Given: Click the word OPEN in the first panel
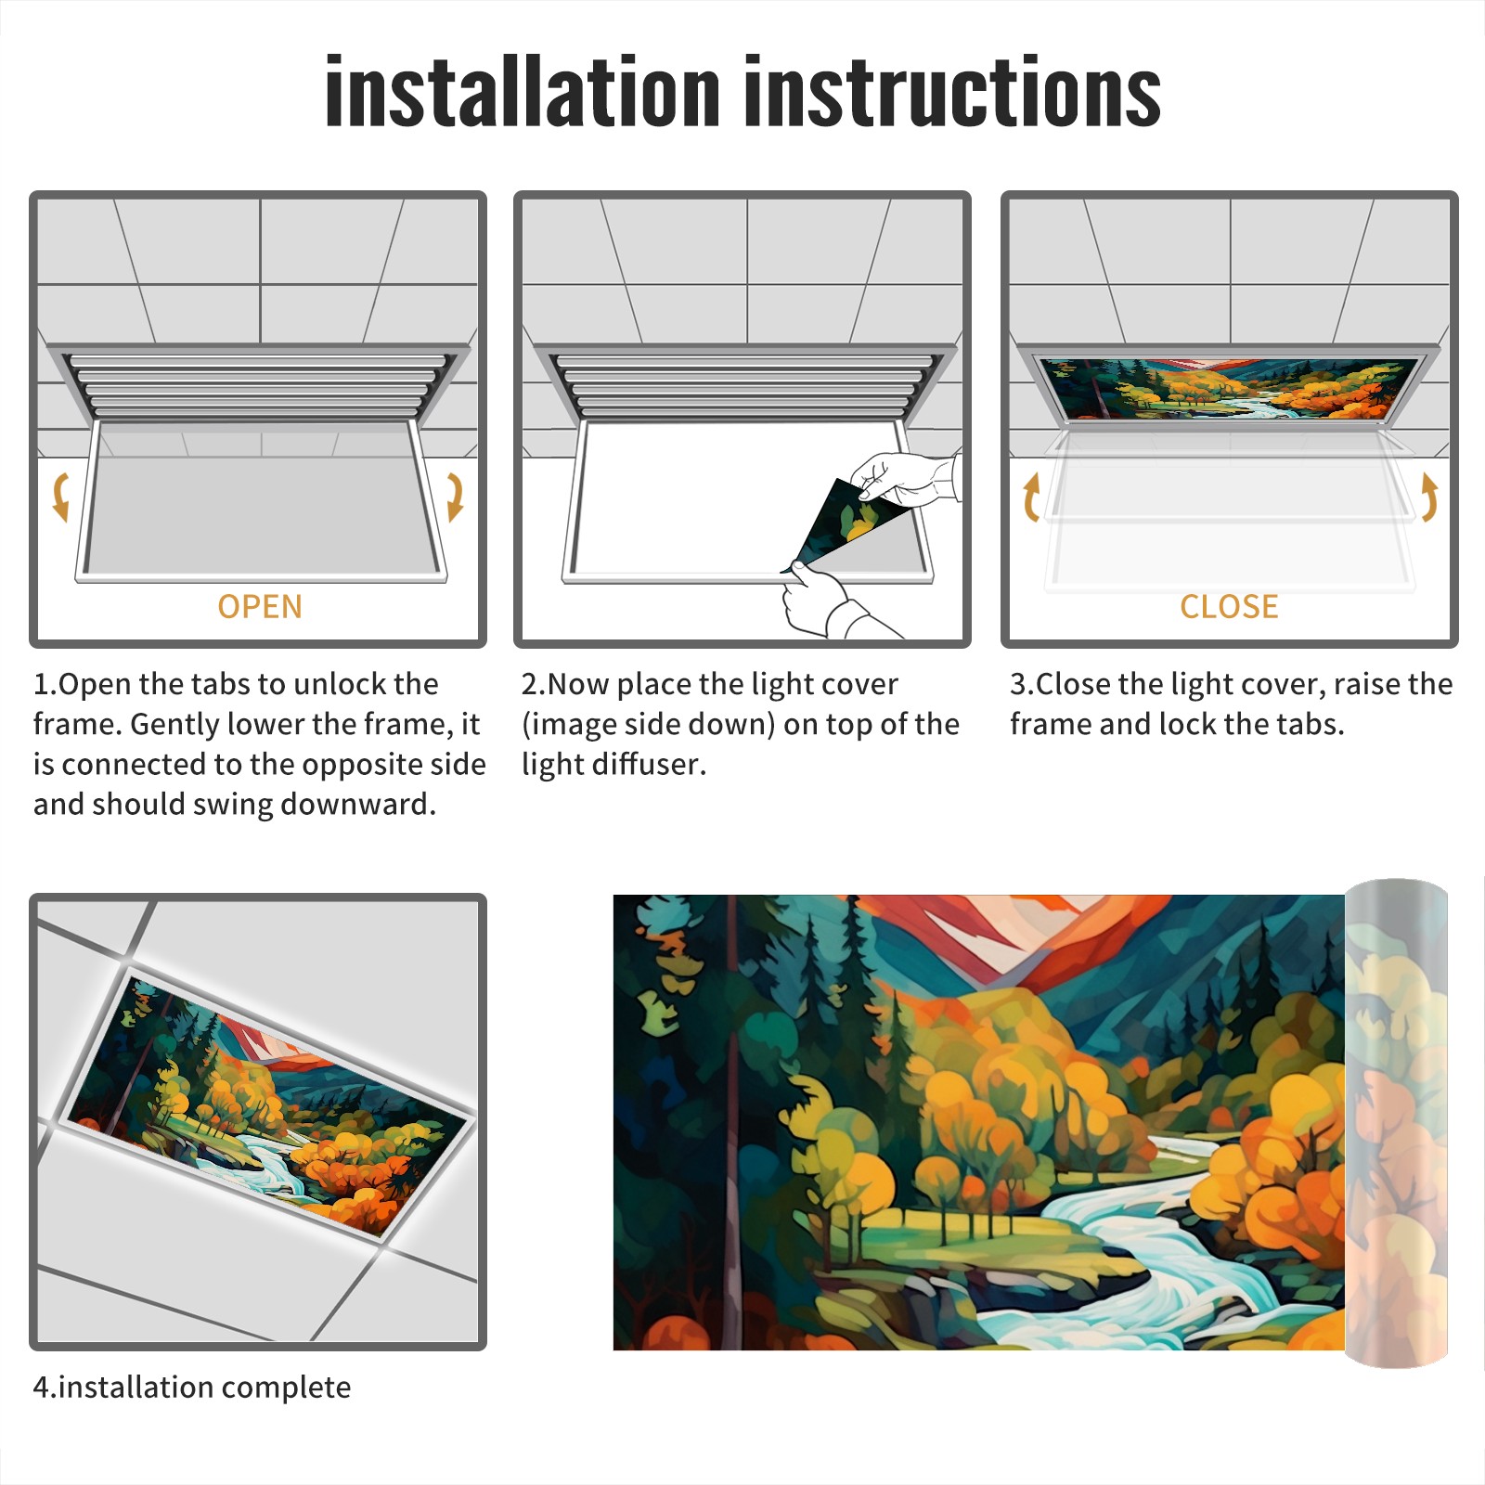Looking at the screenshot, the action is click(x=260, y=607).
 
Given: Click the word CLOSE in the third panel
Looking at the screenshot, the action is click(x=1229, y=607).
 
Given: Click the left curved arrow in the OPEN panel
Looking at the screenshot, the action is click(x=60, y=497).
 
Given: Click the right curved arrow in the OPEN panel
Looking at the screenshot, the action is click(x=455, y=497).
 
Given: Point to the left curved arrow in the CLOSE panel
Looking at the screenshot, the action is click(x=1031, y=497).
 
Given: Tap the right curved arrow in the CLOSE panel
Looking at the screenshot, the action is click(x=1429, y=497).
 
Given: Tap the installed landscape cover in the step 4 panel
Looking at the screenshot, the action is click(x=269, y=1104).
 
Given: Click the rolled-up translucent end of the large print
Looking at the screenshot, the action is click(x=1396, y=1123).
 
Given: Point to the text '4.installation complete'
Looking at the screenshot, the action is click(x=192, y=1388).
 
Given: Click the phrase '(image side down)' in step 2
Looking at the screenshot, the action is click(x=649, y=725).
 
